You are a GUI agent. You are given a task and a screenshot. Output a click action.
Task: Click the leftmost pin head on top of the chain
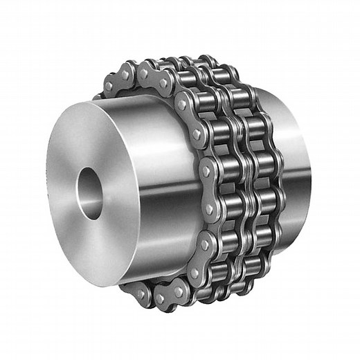pos(109,87)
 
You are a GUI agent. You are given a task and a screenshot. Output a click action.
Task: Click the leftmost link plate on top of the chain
pos(117,80)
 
